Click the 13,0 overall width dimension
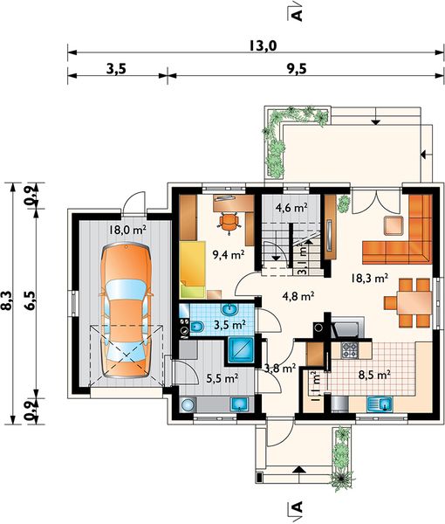pos(263,45)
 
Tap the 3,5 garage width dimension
pos(116,69)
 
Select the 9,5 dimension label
pos(296,69)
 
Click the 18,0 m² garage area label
pos(128,230)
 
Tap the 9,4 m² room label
pos(229,255)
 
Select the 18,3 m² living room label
pos(370,278)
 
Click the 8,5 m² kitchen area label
pos(375,375)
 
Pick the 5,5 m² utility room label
pos(222,379)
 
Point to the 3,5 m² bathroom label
pos(230,325)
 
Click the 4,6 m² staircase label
pos(291,208)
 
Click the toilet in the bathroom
pos(197,327)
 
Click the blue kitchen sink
pos(380,404)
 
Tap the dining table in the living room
pos(414,303)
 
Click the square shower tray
pos(241,349)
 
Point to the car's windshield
pos(126,290)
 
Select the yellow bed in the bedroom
pos(192,269)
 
